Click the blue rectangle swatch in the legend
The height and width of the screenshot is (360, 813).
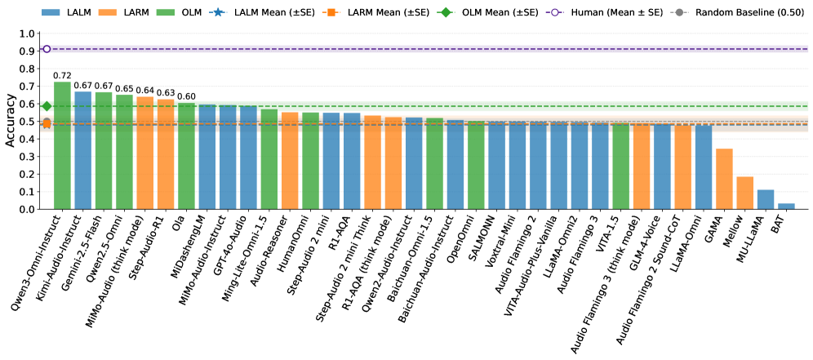[51, 13]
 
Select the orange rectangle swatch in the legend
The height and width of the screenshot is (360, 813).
[107, 13]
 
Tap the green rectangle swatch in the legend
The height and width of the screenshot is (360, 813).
[165, 13]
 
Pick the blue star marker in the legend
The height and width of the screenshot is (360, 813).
[218, 12]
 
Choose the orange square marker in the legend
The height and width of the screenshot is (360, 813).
[331, 12]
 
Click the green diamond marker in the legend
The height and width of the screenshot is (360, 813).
[446, 12]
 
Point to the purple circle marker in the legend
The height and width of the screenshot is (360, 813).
[555, 12]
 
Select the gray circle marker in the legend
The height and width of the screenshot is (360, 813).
[679, 12]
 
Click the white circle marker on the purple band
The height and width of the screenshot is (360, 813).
[47, 49]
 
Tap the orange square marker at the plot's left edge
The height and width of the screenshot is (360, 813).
[47, 124]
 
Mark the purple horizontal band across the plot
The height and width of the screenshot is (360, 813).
[424, 49]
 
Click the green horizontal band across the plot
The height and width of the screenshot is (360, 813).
[424, 106]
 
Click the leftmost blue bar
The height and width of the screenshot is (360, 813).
[82, 150]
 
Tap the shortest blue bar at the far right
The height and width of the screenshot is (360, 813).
[786, 206]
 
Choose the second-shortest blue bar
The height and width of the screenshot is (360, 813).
[765, 199]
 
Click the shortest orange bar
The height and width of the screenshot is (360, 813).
[744, 193]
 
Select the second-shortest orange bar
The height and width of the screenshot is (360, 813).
[724, 179]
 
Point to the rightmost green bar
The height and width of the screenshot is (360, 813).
[620, 167]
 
